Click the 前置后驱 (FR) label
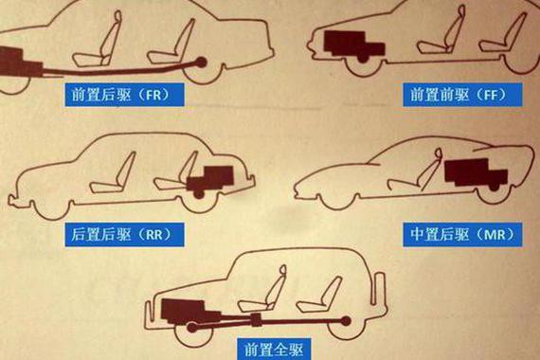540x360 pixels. (x=124, y=94)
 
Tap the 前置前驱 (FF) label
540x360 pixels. (x=462, y=95)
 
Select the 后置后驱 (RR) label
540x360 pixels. (x=124, y=235)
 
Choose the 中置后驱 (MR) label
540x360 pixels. (x=462, y=235)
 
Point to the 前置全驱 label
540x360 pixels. (x=274, y=349)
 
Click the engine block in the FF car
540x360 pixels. (x=353, y=45)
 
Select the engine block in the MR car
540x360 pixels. (x=476, y=173)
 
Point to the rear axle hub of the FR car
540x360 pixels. (x=201, y=63)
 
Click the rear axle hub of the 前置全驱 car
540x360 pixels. (x=346, y=321)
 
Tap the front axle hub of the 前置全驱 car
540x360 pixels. (x=192, y=327)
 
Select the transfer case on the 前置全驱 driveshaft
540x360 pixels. (x=256, y=320)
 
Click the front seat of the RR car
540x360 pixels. (x=114, y=174)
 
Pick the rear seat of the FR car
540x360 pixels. (x=171, y=43)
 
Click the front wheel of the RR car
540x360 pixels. (x=50, y=210)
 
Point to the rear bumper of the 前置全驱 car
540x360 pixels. (x=381, y=289)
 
